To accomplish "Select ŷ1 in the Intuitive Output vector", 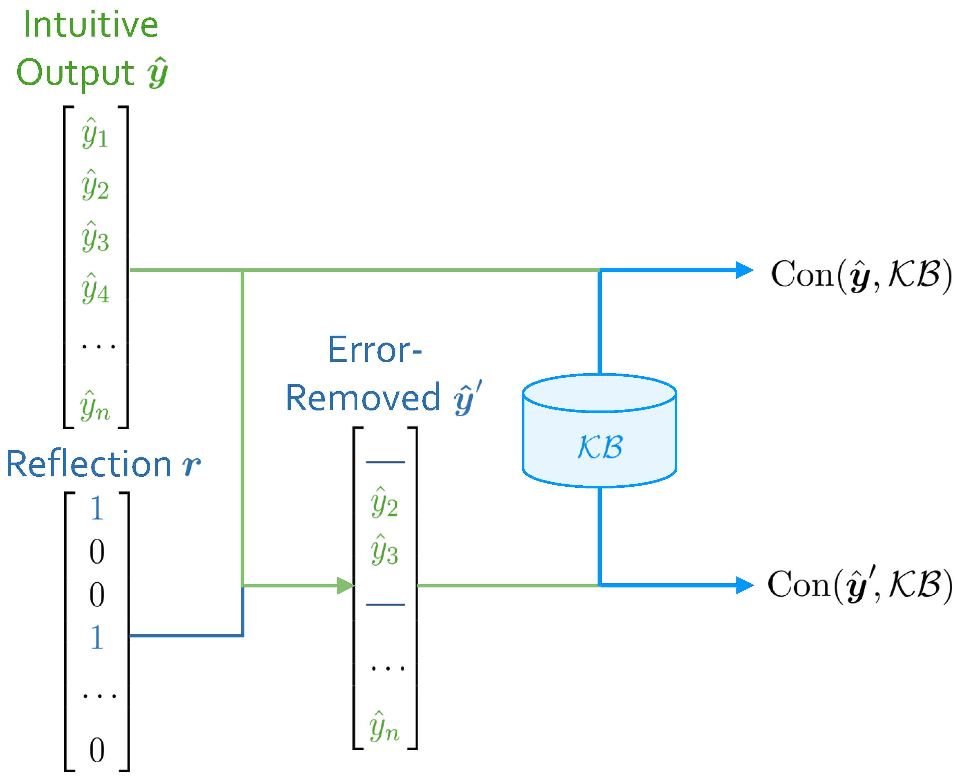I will click(95, 133).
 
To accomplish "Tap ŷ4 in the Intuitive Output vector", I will click(95, 289).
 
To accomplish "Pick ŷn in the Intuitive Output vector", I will click(95, 407).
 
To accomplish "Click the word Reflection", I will click(88, 465).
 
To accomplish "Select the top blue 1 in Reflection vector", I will click(97, 509).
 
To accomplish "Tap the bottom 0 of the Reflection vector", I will click(97, 751).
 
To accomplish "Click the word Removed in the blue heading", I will click(363, 398).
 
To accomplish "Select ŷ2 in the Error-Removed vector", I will click(384, 503).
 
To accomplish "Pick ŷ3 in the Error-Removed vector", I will click(384, 551).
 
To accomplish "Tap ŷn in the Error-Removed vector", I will click(384, 727).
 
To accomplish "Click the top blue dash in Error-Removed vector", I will click(385, 462).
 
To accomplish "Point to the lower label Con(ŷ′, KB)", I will click(860, 585).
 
